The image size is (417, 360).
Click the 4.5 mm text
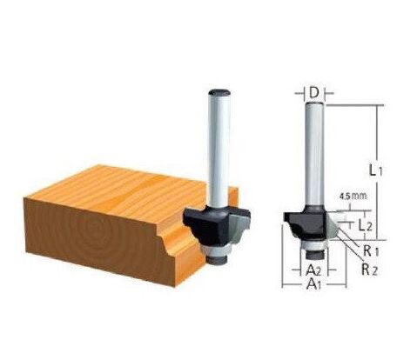[x=353, y=197]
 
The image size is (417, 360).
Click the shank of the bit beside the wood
[x=216, y=148]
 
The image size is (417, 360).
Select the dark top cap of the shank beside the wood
[x=216, y=89]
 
